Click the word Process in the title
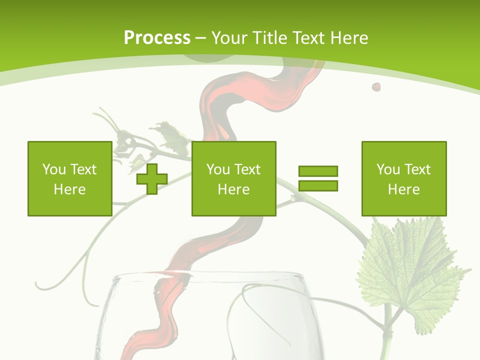pyautogui.click(x=157, y=38)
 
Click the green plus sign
pyautogui.click(x=152, y=178)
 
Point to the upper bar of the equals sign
pyautogui.click(x=318, y=171)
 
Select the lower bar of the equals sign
pyautogui.click(x=318, y=185)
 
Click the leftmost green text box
pyautogui.click(x=69, y=178)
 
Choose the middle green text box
pyautogui.click(x=233, y=178)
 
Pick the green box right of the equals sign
pyautogui.click(x=403, y=178)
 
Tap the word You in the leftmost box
pyautogui.click(x=54, y=169)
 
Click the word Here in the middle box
pyautogui.click(x=233, y=189)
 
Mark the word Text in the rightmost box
pyautogui.click(x=418, y=169)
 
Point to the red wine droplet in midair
pyautogui.click(x=376, y=87)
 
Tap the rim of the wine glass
pyautogui.click(x=210, y=273)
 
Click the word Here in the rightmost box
pyautogui.click(x=403, y=189)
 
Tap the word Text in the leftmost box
pyautogui.click(x=83, y=169)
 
